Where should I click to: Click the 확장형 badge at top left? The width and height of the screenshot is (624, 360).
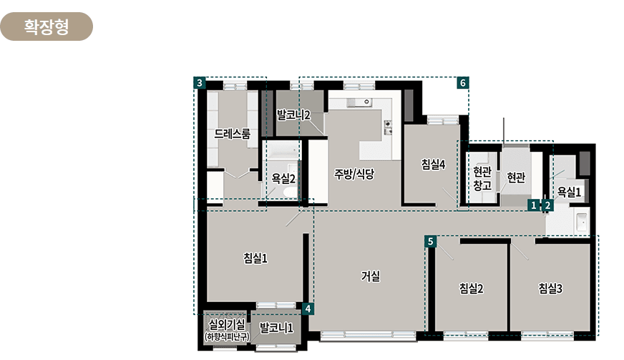[x=47, y=26]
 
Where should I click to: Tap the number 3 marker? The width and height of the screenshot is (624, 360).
[x=200, y=83]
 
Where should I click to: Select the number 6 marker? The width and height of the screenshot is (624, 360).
[x=463, y=83]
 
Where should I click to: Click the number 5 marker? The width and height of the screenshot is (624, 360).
[x=430, y=241]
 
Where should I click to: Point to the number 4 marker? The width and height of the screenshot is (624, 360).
[x=308, y=308]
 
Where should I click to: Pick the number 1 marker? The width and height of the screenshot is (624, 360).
[x=533, y=205]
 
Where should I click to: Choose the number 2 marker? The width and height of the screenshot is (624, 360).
[x=547, y=205]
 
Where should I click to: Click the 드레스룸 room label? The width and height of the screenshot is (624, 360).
[x=232, y=134]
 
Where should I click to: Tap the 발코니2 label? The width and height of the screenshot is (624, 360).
[x=293, y=114]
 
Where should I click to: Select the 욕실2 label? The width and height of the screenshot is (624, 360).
[x=283, y=178]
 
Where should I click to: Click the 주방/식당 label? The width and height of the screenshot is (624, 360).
[x=354, y=173]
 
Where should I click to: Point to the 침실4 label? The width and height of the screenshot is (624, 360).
[x=434, y=164]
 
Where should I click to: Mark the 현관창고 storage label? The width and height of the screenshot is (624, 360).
[x=482, y=178]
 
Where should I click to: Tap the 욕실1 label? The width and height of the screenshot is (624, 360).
[x=570, y=192]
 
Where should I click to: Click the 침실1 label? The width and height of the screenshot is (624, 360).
[x=255, y=258]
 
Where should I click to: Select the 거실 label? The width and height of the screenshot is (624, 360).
[x=371, y=276]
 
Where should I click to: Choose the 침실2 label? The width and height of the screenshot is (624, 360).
[x=471, y=288]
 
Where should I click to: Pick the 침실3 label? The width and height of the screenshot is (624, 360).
[x=551, y=288]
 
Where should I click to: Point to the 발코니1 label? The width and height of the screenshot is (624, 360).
[x=276, y=329]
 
